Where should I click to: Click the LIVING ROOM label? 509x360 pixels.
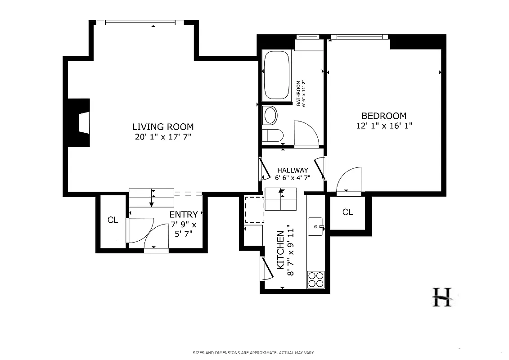[163, 127]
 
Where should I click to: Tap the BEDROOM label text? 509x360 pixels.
[384, 116]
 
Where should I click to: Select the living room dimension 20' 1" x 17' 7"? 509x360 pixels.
[163, 137]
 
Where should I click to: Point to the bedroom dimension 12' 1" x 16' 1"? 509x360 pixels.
[384, 126]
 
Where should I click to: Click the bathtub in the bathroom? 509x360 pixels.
[277, 75]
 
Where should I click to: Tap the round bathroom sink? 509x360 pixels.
[270, 116]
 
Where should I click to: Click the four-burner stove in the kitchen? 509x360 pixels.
[315, 279]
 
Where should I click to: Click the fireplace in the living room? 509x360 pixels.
[81, 122]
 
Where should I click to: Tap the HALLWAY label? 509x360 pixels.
[293, 170]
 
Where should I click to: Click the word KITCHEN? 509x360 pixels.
[280, 250]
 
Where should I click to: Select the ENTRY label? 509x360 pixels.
[183, 215]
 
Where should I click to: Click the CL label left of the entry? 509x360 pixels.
[113, 220]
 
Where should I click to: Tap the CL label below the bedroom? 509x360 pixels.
[347, 212]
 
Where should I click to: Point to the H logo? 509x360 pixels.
[442, 297]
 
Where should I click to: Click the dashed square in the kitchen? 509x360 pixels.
[254, 210]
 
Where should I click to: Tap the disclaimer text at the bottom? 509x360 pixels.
[254, 353]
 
